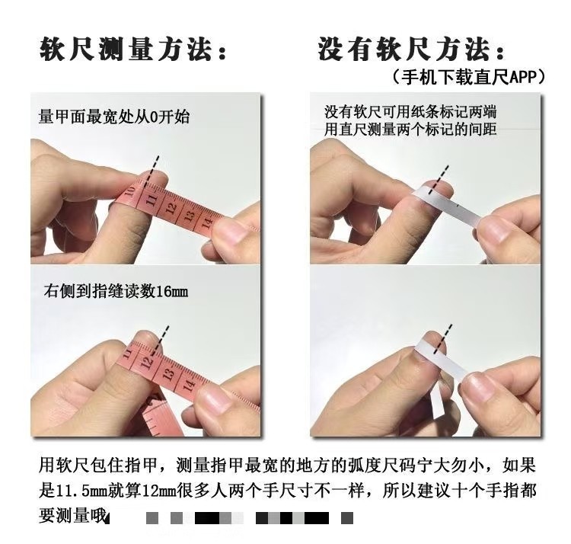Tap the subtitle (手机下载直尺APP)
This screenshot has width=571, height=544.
point(469,77)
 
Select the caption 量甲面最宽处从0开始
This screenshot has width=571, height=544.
point(114,117)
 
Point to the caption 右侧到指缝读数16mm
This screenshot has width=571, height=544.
point(116,291)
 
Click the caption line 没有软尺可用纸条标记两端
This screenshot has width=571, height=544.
point(410,112)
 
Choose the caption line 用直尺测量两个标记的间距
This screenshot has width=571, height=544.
point(410,130)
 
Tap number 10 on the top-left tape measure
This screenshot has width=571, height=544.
point(130,192)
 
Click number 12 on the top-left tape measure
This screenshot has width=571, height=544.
point(171,208)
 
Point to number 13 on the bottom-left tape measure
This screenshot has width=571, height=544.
point(168,374)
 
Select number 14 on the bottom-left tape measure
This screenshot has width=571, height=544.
point(189,385)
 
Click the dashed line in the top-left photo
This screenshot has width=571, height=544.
point(152,171)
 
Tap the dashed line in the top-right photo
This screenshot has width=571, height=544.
point(439,180)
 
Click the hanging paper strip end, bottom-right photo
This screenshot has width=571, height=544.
point(438,405)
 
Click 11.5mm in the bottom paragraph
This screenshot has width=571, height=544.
point(81,491)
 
